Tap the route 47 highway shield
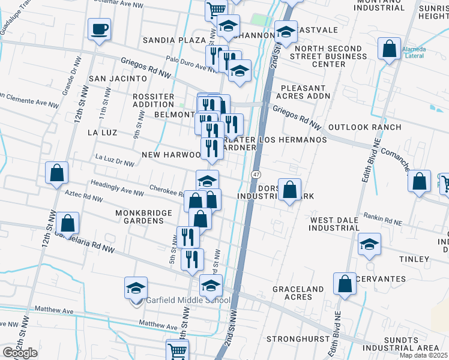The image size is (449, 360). point(255,174)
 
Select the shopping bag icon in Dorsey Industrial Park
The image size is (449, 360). point(289,190)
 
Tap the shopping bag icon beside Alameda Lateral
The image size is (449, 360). point(389,49)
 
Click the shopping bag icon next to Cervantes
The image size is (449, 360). point(345,284)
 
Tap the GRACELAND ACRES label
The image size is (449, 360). point(298,293)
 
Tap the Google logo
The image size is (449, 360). point(20,353)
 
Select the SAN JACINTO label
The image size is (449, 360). point(118,79)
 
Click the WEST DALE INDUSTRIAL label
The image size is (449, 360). point(334,224)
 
